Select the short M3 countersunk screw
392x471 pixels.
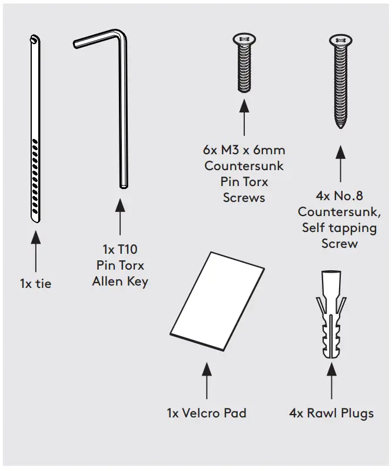(x=244, y=65)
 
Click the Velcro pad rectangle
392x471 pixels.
(x=218, y=301)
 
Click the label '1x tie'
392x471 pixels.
(x=35, y=284)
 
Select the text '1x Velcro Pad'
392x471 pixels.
(x=206, y=413)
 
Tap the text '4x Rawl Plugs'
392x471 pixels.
(x=331, y=413)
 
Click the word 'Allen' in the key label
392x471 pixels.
(x=107, y=281)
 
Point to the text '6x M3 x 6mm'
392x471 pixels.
(x=244, y=150)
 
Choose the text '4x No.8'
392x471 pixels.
(x=340, y=195)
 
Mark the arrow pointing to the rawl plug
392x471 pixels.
(x=331, y=383)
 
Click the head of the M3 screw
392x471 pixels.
(x=244, y=39)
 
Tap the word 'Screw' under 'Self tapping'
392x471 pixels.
(x=340, y=243)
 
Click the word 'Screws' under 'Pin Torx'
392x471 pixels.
(x=244, y=198)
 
